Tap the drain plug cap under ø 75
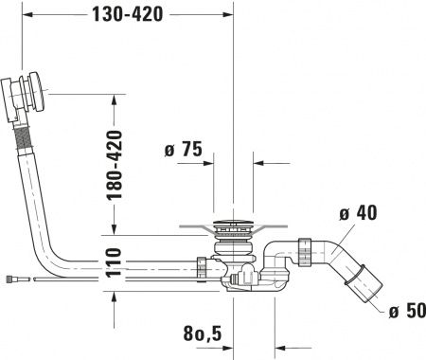(232, 227)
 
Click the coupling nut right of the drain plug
(304, 250)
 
